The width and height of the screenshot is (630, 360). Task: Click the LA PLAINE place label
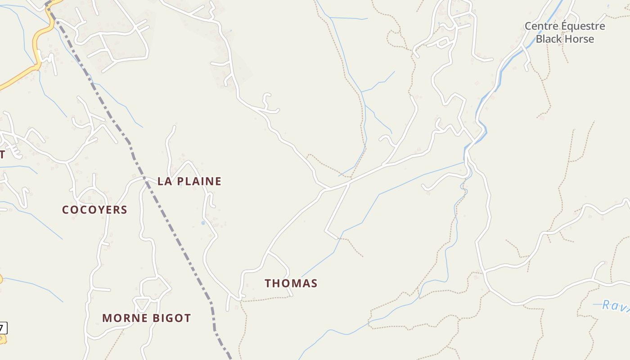coord(189,181)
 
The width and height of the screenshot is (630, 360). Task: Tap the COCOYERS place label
coord(94,210)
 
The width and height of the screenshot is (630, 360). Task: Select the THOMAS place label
coord(291,283)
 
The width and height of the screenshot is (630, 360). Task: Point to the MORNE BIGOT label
coord(146,318)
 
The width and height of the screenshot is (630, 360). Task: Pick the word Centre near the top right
coord(540,26)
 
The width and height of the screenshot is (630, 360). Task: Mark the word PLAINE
coord(198,181)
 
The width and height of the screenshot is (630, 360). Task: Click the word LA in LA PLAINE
coord(164,181)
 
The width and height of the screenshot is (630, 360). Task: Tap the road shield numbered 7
coord(3,328)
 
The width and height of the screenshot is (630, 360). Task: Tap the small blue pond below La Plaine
coord(203,222)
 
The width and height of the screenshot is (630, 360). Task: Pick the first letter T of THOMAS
coord(268,283)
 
